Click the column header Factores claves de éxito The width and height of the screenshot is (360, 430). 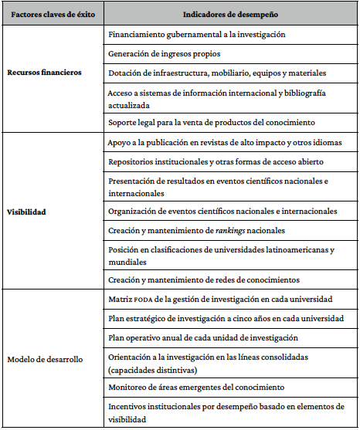pos(51,14)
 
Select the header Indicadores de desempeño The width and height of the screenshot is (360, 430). pos(229,14)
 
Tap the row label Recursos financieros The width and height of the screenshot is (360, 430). pos(44,73)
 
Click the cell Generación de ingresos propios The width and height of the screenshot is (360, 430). pos(164,54)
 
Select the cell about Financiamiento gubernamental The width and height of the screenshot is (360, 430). pos(197,35)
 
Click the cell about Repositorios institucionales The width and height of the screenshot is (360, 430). pos(216,162)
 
